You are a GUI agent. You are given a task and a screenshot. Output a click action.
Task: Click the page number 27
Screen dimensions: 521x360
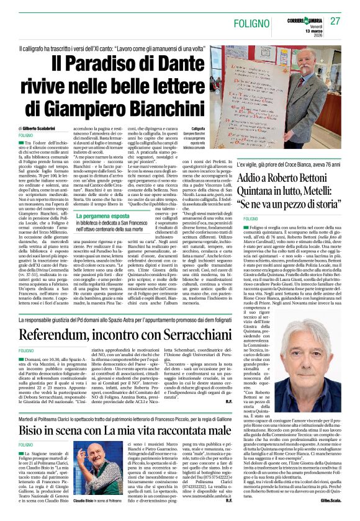point(336,22)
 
